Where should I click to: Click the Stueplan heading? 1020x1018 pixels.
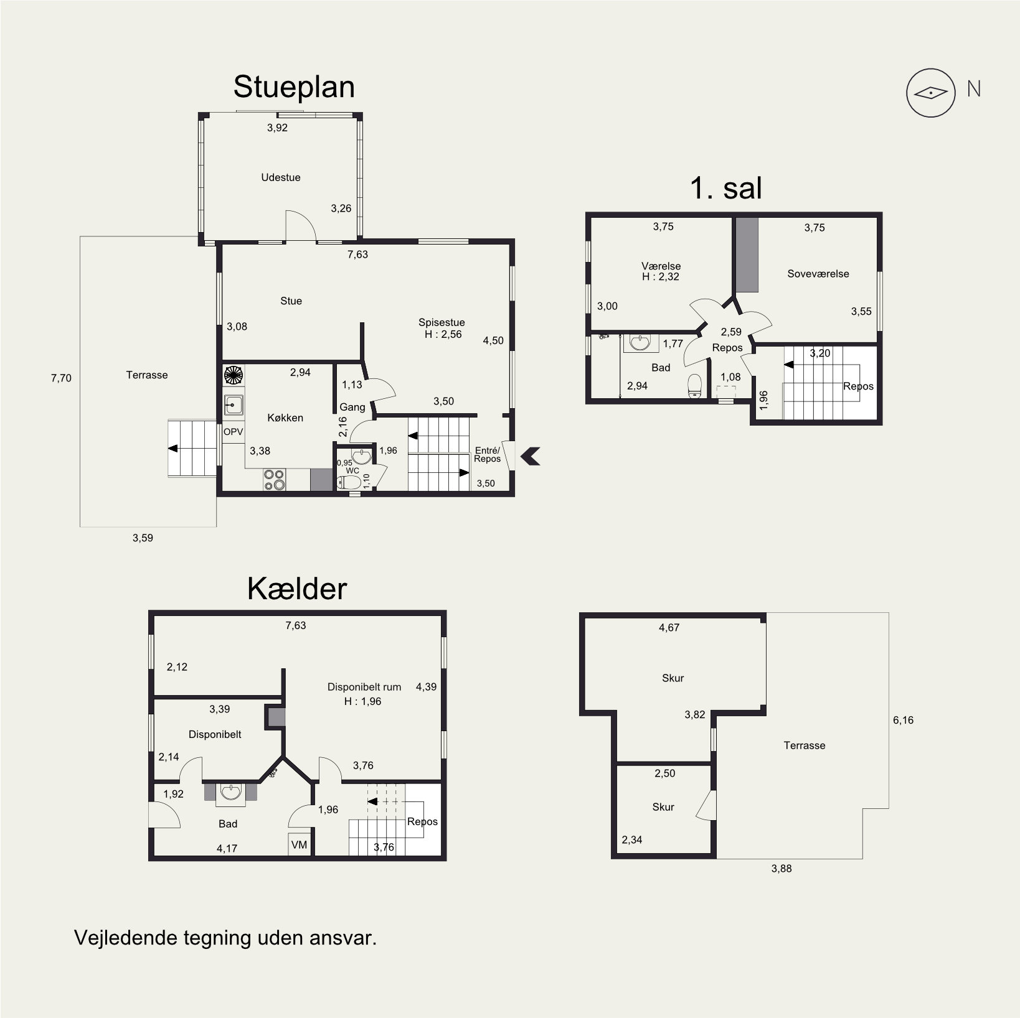click(x=294, y=88)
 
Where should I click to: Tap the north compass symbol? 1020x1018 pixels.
click(x=930, y=93)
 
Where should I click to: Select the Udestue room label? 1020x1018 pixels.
click(x=281, y=177)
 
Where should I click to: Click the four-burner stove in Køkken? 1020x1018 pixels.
click(x=275, y=479)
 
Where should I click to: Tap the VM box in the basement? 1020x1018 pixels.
click(x=300, y=845)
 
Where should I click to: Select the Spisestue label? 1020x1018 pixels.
click(x=442, y=322)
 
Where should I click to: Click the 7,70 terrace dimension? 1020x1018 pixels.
click(x=61, y=378)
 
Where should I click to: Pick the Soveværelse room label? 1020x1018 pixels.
click(x=818, y=274)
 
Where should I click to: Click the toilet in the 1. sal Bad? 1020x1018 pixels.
click(x=694, y=385)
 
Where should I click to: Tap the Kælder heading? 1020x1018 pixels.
click(x=297, y=589)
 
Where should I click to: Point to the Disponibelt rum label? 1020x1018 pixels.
click(x=364, y=687)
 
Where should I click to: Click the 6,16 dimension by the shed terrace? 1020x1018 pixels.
click(x=903, y=720)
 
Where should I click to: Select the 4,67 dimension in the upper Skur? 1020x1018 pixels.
click(x=669, y=628)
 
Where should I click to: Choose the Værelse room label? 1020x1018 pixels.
click(x=661, y=266)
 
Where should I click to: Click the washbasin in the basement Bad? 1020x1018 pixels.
click(x=231, y=792)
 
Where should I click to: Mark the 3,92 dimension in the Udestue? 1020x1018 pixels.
click(x=277, y=128)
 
